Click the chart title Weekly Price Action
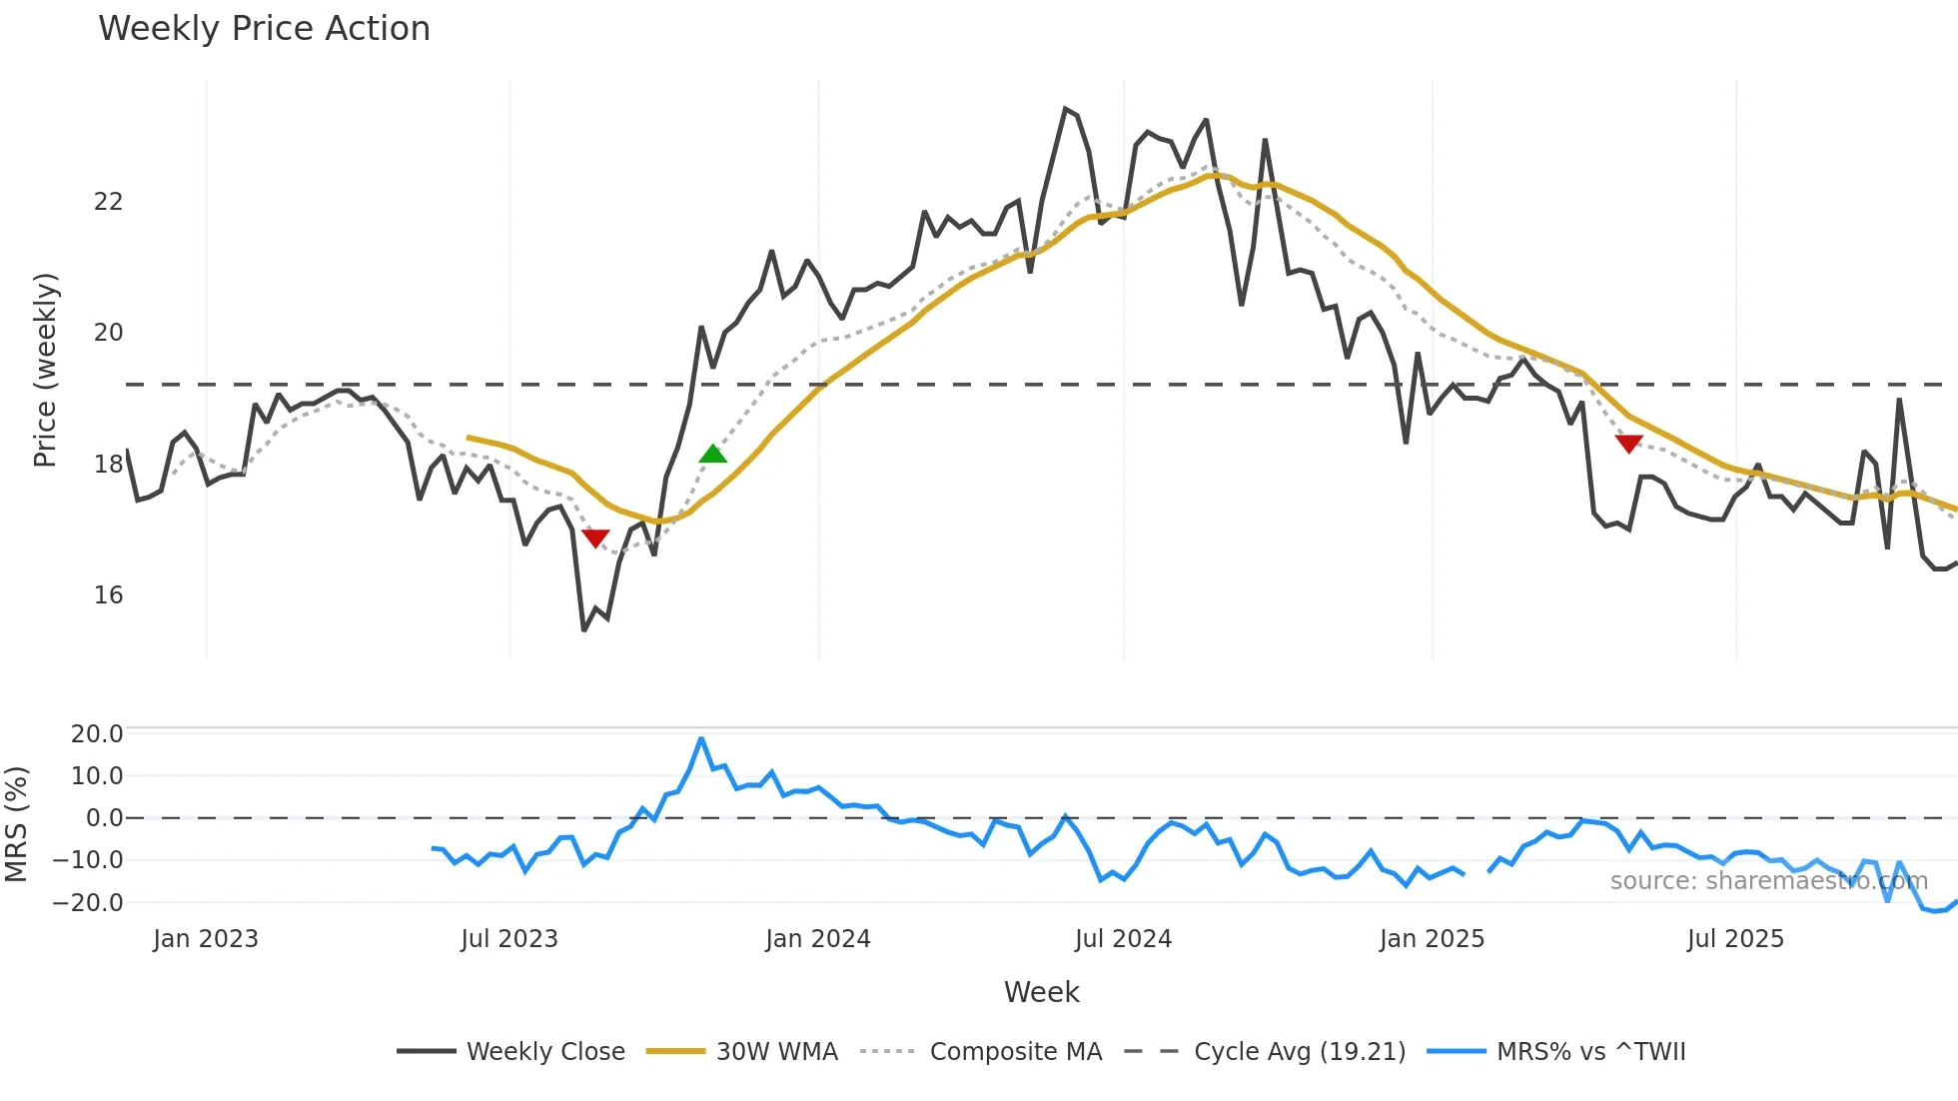click(264, 29)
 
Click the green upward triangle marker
click(713, 455)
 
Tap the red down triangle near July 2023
click(595, 539)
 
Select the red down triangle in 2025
click(1628, 444)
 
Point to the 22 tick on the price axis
click(108, 202)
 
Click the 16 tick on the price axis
click(108, 595)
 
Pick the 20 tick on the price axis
click(108, 333)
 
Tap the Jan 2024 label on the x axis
click(818, 939)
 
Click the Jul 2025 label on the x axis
click(1735, 939)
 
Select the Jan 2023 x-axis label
click(206, 939)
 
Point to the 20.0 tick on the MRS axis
click(97, 734)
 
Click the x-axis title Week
click(1041, 992)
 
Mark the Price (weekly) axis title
click(46, 371)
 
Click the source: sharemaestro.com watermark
click(1768, 881)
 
